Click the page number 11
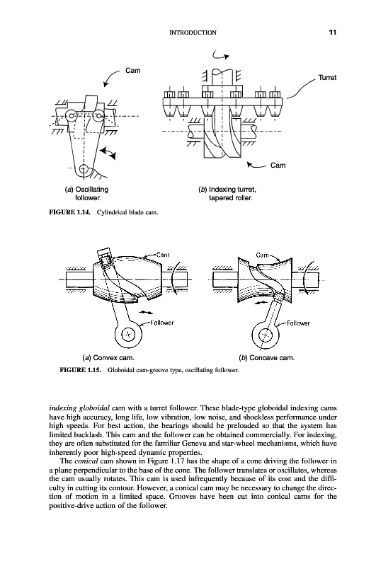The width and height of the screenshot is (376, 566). click(333, 32)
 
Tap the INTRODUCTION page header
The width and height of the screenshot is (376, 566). click(193, 33)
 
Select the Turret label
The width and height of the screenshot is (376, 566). click(327, 78)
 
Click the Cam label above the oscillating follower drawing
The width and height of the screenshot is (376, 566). click(133, 70)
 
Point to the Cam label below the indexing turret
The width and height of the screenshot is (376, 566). click(278, 166)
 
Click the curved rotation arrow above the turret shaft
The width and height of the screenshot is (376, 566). click(221, 55)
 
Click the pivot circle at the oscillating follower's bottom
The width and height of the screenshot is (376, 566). click(84, 168)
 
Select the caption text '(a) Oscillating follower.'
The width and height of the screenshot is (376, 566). click(86, 193)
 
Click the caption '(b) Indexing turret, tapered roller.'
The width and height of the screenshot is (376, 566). click(227, 193)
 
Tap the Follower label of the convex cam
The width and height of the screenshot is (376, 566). click(161, 323)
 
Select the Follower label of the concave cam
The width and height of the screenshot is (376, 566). click(298, 323)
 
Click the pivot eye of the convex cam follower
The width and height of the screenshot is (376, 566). click(128, 334)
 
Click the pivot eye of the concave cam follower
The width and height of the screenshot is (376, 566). click(266, 335)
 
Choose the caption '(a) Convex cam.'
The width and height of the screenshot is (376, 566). click(108, 358)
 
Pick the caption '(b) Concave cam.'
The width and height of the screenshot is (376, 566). click(266, 358)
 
